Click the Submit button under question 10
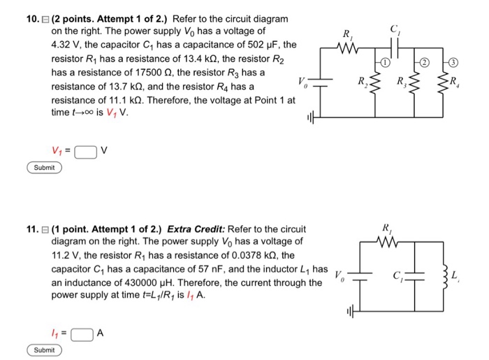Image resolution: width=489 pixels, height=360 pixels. [x=45, y=168]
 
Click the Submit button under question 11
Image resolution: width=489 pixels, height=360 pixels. [x=45, y=350]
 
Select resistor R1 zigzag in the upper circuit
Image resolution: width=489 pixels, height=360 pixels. [x=347, y=48]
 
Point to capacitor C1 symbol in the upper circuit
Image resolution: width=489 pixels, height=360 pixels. [x=393, y=45]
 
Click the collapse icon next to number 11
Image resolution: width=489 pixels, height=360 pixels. [x=45, y=229]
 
